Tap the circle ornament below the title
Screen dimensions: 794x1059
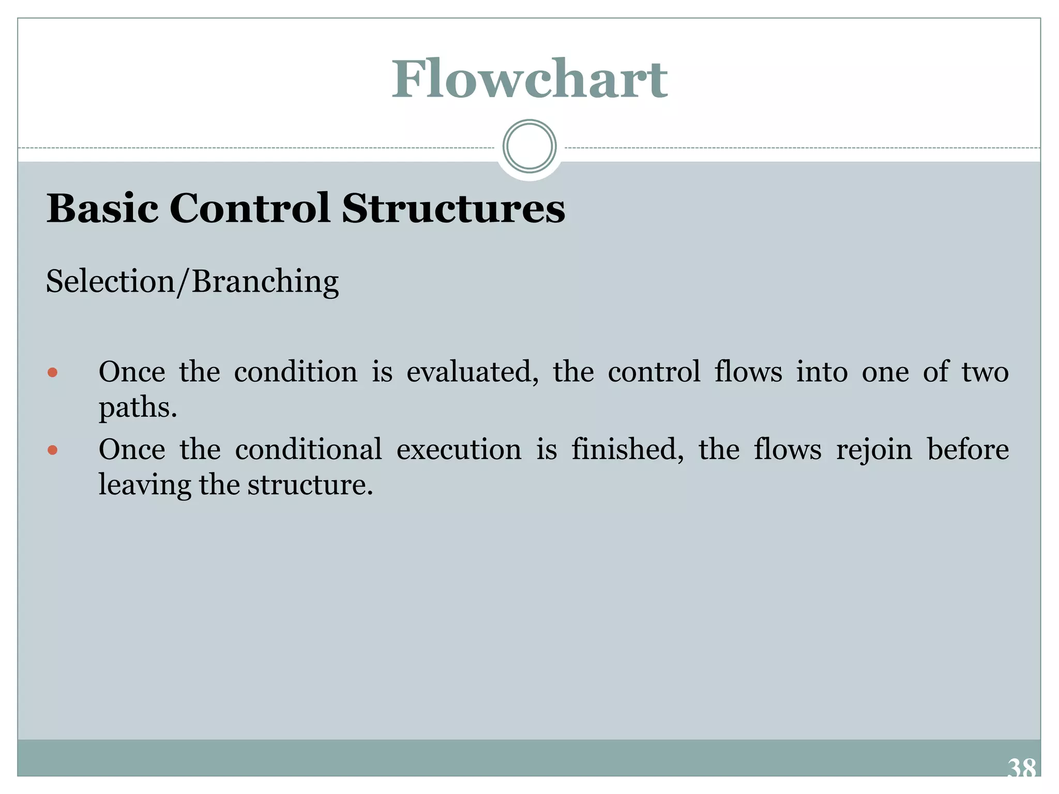[529, 146]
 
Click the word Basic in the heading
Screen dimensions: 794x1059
[102, 208]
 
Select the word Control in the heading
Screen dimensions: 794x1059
[250, 208]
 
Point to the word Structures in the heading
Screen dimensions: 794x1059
[453, 208]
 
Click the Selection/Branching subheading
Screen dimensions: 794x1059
[192, 282]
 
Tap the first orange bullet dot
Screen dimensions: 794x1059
[52, 372]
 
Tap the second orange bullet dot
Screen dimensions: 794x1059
[52, 450]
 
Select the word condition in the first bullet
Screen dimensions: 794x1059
[296, 372]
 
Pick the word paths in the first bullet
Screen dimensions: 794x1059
[138, 408]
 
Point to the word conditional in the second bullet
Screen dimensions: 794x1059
[308, 450]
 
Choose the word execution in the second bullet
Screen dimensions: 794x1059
[459, 450]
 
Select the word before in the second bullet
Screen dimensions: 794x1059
[967, 450]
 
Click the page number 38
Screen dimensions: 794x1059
[1021, 768]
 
